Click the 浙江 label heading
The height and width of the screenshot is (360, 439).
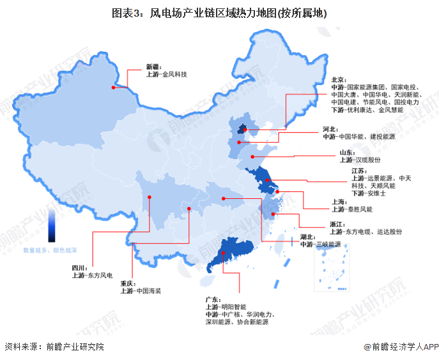338,224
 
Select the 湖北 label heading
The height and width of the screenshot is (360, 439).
309,237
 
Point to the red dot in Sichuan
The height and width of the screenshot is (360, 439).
149,197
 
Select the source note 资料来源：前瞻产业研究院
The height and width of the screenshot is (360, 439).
54,347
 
